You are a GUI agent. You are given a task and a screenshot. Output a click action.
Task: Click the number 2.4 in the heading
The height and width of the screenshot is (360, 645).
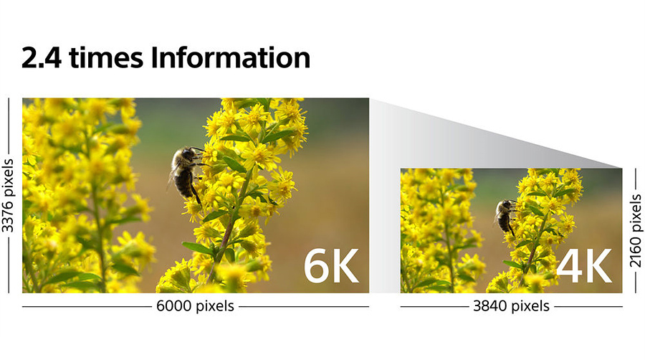pos(42,57)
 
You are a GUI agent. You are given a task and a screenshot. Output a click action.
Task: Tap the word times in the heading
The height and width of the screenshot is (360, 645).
pos(107,57)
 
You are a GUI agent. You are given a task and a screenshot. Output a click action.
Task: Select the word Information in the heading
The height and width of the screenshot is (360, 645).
pos(231,57)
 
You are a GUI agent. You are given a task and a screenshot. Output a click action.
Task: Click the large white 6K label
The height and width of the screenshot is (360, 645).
pos(331,266)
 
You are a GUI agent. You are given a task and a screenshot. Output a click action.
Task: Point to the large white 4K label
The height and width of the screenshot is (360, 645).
pos(584,266)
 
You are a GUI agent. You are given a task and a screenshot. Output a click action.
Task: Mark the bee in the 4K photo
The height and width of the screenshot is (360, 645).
pos(505,217)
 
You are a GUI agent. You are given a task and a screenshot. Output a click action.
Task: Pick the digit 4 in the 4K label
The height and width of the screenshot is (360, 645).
pos(569,266)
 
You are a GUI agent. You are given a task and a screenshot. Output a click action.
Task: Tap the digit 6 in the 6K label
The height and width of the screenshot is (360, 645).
pos(316,266)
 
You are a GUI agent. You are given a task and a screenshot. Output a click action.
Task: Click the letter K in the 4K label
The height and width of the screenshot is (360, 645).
pos(598,266)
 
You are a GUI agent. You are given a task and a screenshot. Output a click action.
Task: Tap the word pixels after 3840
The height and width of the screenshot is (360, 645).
pos(530,306)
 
